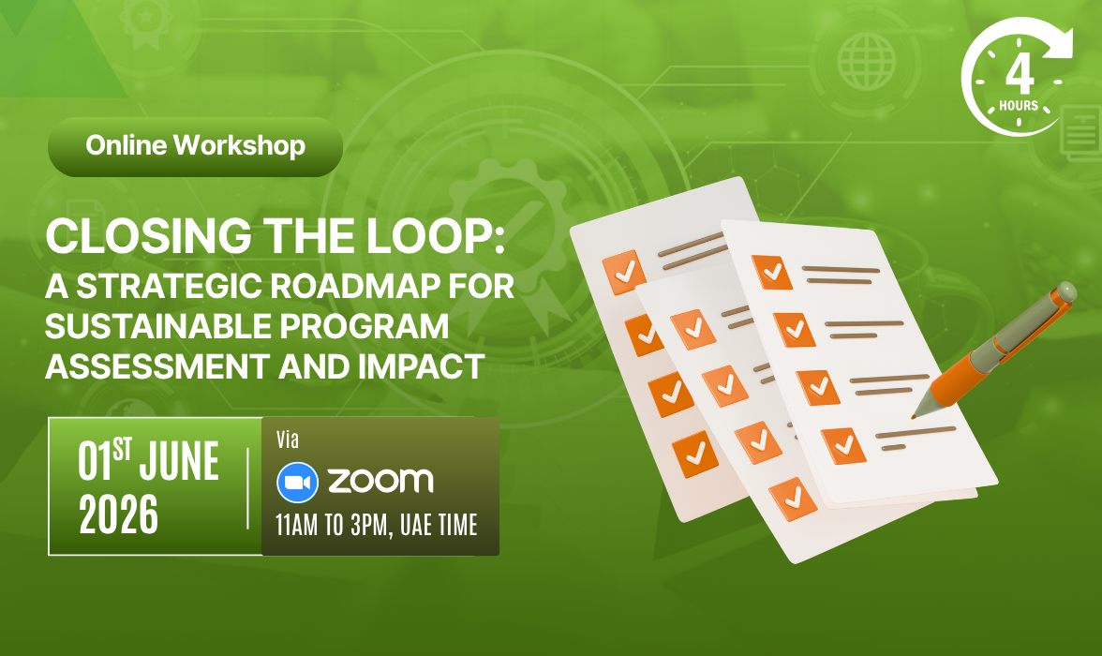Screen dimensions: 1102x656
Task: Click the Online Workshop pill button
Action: [x=195, y=146]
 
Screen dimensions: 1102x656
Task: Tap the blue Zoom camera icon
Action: [x=297, y=483]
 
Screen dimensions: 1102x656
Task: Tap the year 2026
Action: [x=119, y=515]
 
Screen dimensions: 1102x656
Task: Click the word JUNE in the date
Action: [x=179, y=462]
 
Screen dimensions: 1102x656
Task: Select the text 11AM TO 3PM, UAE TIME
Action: [x=377, y=525]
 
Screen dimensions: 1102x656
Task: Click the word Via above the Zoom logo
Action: [x=289, y=440]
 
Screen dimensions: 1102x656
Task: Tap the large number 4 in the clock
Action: [x=1020, y=74]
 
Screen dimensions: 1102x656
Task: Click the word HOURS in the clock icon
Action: [x=1019, y=106]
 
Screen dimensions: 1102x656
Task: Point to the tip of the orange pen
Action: [x=915, y=415]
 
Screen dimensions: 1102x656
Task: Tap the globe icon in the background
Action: [x=867, y=61]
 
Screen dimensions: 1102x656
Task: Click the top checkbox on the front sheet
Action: [x=772, y=272]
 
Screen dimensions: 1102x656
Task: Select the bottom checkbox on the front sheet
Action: [x=843, y=445]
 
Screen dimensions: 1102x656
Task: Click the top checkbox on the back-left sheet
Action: [x=624, y=272]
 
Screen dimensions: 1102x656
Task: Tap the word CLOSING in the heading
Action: [x=148, y=236]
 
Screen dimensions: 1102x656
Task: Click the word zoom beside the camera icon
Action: [x=380, y=482]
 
